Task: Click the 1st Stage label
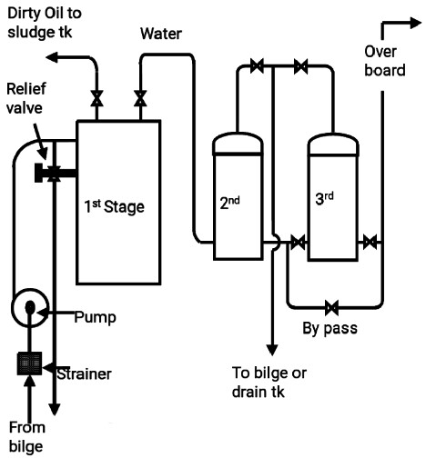(x=114, y=206)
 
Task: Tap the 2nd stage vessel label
(x=229, y=203)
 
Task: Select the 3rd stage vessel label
(x=324, y=198)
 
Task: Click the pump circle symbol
(x=30, y=307)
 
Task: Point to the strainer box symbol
(x=29, y=363)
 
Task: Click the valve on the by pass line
(x=331, y=308)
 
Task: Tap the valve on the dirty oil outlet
(x=96, y=98)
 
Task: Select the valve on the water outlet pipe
(x=140, y=98)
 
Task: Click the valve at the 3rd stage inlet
(x=298, y=242)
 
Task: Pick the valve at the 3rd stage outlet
(x=370, y=242)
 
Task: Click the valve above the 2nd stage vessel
(x=257, y=65)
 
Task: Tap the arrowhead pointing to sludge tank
(x=52, y=57)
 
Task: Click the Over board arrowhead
(x=416, y=23)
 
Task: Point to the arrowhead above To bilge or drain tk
(x=272, y=350)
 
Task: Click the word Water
(x=161, y=34)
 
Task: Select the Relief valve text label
(x=26, y=98)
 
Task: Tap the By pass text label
(x=330, y=329)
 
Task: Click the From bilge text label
(x=26, y=437)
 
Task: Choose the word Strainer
(x=85, y=374)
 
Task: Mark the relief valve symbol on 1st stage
(x=54, y=173)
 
